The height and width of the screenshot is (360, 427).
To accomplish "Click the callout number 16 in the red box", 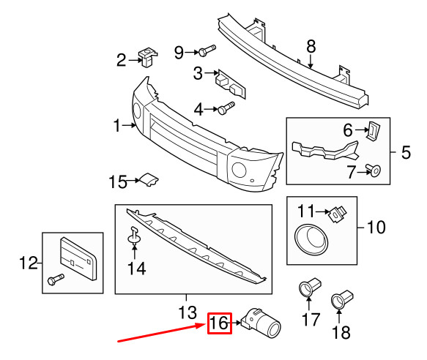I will coord(220,323).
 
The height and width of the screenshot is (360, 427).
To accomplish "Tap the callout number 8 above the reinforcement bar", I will coord(311,45).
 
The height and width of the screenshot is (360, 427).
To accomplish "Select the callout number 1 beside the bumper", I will coord(116,127).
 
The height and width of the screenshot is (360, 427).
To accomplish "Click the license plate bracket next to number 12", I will coord(76,255).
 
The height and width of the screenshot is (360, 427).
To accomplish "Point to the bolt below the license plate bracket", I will coord(56,280).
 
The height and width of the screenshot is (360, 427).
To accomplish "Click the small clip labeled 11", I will coord(336,213).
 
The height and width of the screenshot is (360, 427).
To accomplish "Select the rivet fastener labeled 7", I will coord(376,172).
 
